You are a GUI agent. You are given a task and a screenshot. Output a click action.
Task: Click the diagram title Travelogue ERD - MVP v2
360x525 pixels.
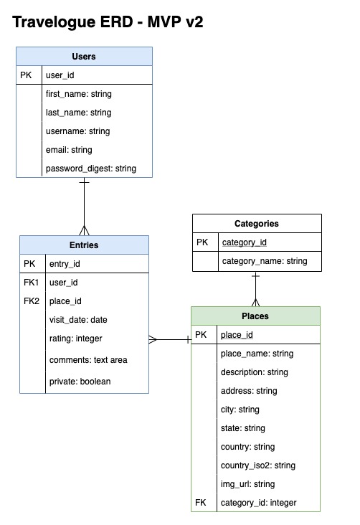[x=108, y=23]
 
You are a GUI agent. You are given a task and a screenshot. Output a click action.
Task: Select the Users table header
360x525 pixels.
[x=84, y=57]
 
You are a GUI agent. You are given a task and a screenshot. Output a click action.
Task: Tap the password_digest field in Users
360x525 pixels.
[x=90, y=169]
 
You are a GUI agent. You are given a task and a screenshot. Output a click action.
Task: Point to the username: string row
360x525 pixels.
[x=77, y=131]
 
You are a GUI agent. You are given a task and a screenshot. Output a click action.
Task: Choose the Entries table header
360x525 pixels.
[x=84, y=245]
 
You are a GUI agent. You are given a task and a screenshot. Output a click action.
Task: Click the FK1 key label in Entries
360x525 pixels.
[x=31, y=283]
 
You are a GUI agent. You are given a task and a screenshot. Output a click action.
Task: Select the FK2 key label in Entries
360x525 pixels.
[x=31, y=301]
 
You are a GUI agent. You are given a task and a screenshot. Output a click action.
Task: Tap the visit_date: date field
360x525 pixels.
[x=78, y=320]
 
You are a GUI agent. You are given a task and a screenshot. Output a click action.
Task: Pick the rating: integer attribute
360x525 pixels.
[x=76, y=339]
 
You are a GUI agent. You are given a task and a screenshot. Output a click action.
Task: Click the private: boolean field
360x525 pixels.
[x=80, y=382]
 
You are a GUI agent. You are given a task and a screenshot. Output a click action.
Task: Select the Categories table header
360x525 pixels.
[x=256, y=224]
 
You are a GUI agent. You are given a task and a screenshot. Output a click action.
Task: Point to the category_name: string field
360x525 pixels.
[x=265, y=261]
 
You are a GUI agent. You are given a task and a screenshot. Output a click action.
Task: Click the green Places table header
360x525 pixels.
[x=255, y=316]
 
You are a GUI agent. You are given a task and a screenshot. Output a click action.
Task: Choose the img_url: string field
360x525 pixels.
[x=247, y=484]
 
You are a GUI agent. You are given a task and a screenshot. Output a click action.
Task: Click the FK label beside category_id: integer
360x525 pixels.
[x=200, y=503]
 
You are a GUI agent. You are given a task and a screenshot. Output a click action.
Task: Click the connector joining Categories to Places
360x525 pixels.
[x=255, y=289]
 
